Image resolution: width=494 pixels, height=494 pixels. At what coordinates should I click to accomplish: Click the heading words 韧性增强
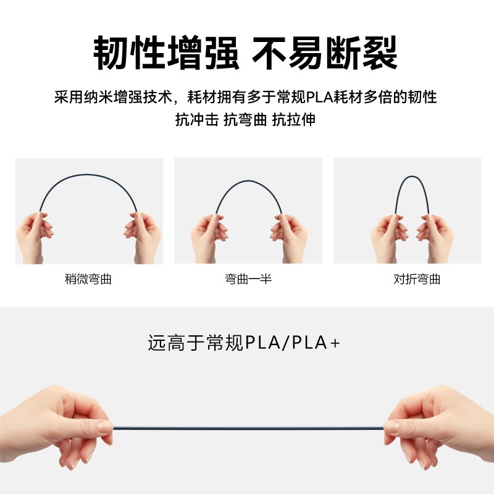[166, 54]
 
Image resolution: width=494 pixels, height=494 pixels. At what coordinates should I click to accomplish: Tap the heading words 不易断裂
[325, 54]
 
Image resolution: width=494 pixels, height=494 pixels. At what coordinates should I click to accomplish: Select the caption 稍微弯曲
[88, 279]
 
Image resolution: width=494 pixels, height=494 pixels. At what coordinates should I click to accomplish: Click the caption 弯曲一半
[248, 279]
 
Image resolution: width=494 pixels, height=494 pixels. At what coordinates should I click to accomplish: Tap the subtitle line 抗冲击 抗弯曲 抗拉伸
[245, 120]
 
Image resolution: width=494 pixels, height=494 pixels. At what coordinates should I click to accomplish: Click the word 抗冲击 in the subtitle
[196, 120]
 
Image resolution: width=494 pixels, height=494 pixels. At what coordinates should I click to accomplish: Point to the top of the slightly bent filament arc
[88, 175]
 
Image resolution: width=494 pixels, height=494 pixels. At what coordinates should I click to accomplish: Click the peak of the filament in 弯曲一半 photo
[247, 181]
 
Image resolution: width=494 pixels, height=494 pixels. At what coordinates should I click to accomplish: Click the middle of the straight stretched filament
[247, 427]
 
